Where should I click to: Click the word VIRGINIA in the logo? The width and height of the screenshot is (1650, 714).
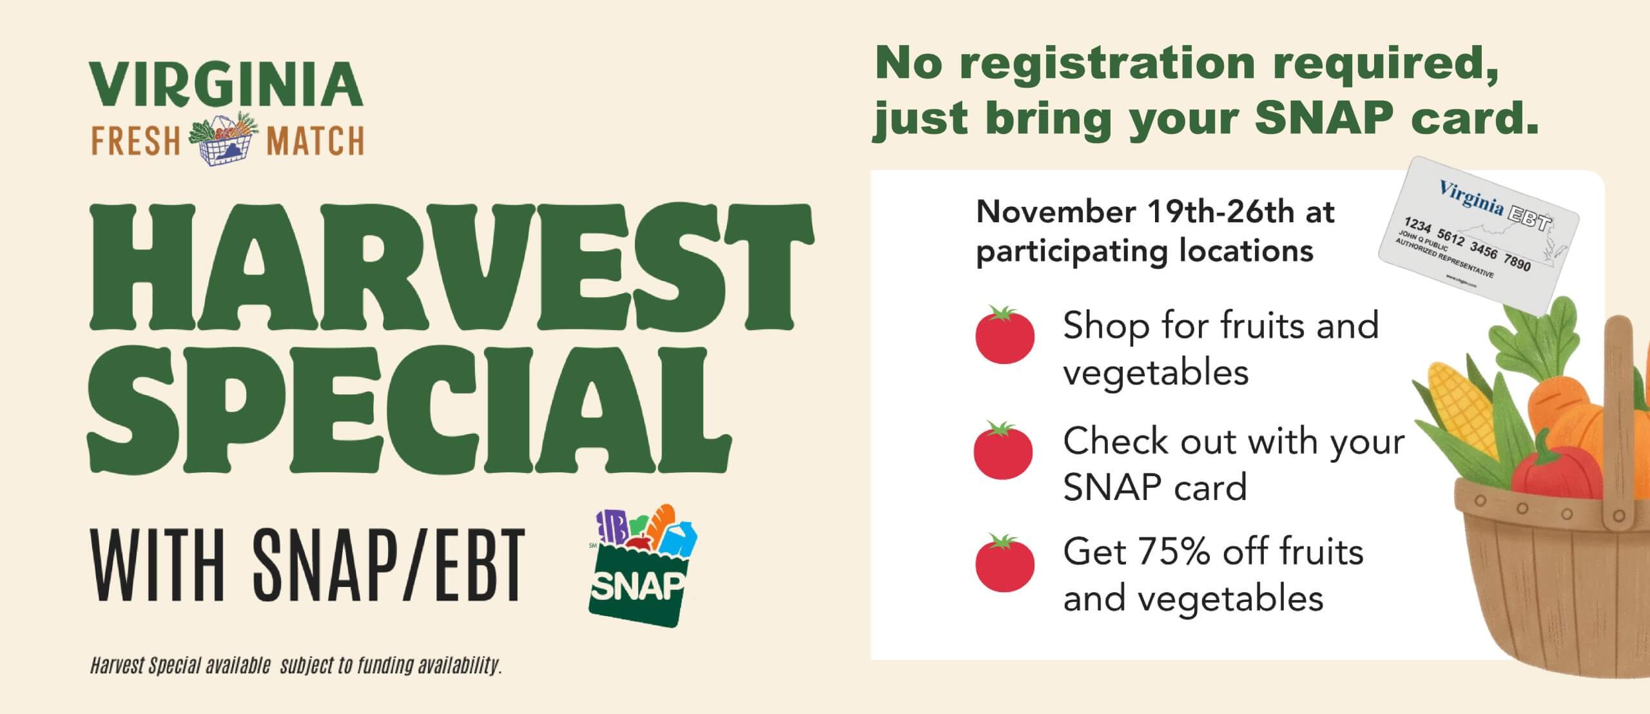pos(226,84)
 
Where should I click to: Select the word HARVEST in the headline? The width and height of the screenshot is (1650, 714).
pos(451,267)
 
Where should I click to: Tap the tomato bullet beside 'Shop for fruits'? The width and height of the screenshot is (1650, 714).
pos(1005,334)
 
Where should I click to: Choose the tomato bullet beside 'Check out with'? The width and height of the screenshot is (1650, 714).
pos(1004,450)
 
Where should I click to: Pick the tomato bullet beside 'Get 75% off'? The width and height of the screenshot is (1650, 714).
pos(1005,563)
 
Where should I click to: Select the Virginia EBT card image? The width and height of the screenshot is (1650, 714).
pos(1478,236)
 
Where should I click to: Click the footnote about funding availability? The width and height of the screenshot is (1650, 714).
pos(296,666)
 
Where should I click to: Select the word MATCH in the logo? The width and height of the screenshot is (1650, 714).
pos(316,141)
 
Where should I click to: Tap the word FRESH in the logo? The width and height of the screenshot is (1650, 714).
pos(135,141)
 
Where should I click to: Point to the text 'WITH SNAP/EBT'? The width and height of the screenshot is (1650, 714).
pos(308,564)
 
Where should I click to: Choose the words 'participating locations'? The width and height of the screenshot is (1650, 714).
pos(1145,251)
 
